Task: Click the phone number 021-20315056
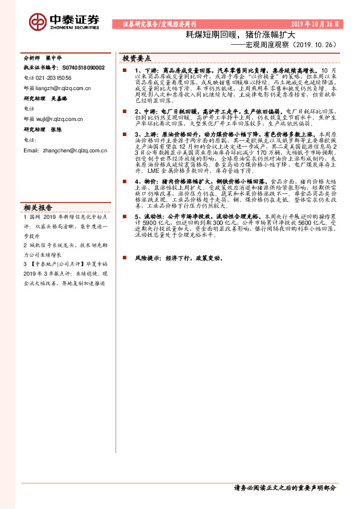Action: point(52,78)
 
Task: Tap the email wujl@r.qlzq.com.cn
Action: point(61,118)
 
